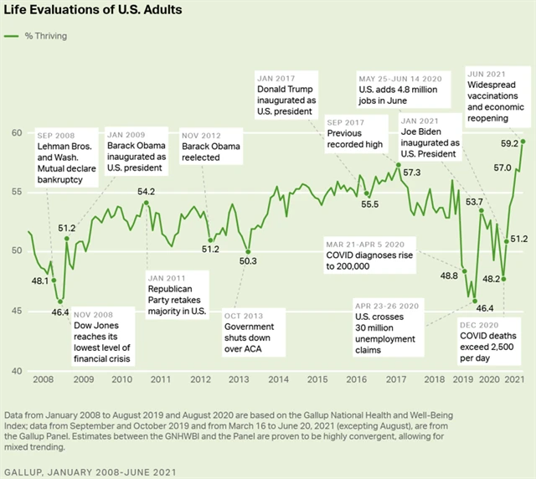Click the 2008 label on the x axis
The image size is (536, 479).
tap(43, 379)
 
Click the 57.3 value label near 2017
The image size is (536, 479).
tap(413, 173)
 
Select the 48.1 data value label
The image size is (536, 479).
tap(39, 281)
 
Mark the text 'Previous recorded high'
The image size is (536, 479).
tap(355, 139)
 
